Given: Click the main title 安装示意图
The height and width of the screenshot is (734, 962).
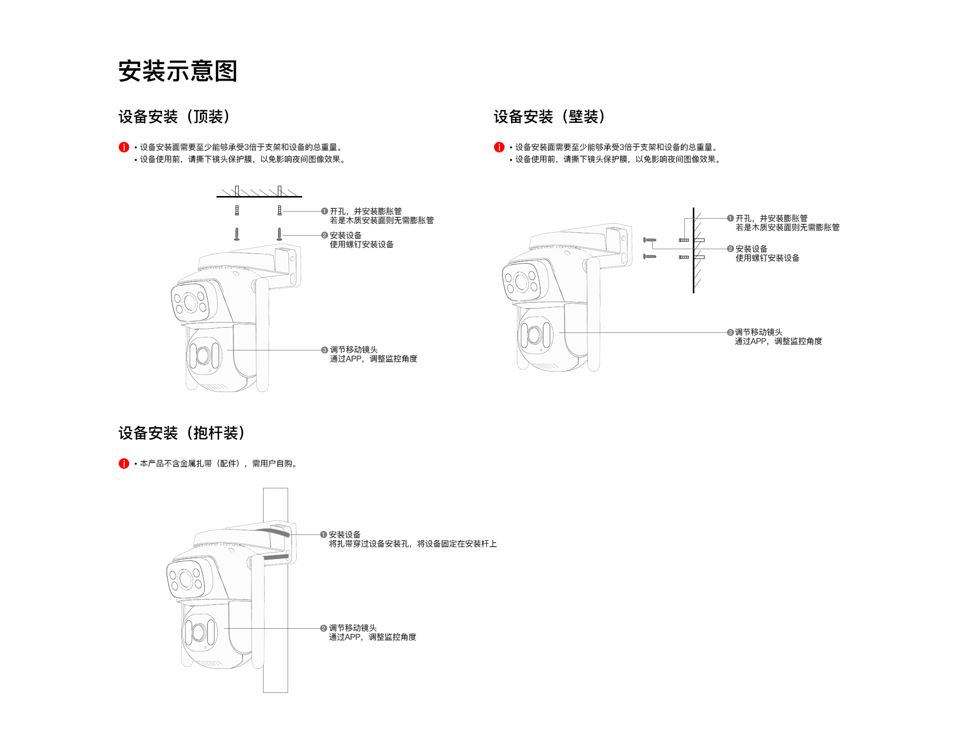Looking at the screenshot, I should [x=177, y=71].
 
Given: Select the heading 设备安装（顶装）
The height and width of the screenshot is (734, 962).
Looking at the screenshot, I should [x=174, y=117].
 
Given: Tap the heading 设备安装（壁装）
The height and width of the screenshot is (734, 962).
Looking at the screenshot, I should [x=549, y=117].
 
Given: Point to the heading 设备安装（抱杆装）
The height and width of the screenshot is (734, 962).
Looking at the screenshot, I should [x=181, y=433].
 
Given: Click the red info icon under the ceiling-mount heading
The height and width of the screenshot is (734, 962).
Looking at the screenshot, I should [x=124, y=147].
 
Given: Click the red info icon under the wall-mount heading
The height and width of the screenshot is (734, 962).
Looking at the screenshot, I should [x=499, y=147].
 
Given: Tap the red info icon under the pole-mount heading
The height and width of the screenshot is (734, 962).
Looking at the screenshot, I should [x=124, y=464].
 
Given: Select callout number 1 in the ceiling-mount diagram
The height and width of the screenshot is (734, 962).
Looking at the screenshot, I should [x=324, y=212].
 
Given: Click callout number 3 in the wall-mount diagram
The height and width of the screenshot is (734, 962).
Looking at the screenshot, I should [x=730, y=332].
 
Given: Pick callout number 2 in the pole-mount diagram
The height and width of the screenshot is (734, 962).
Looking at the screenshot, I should [x=324, y=628].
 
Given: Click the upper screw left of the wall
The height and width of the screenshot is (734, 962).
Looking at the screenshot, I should [x=650, y=240].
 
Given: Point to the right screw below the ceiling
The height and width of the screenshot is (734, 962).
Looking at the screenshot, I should [x=280, y=234].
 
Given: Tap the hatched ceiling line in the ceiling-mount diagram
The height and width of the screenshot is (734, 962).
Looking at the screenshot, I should [x=259, y=196].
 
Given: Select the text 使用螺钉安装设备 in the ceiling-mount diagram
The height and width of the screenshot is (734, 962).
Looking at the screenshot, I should [x=362, y=245].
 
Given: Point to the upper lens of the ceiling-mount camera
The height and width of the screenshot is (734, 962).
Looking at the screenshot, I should [x=190, y=302].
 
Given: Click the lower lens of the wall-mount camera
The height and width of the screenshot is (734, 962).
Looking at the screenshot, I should [x=534, y=334].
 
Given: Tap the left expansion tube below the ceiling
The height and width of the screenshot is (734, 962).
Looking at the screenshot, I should [x=237, y=211].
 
